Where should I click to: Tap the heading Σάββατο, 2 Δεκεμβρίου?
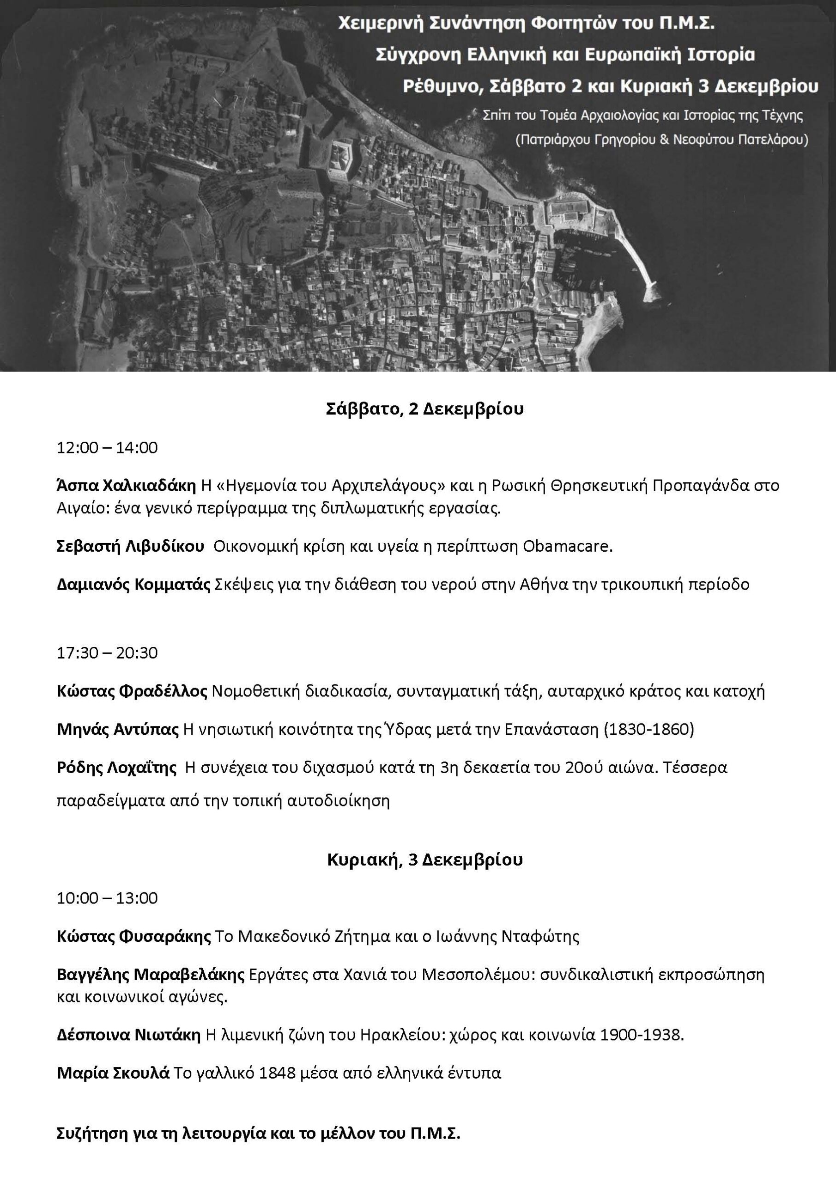pos(425,409)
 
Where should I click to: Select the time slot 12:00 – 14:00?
pos(107,447)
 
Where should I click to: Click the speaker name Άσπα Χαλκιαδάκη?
pos(126,485)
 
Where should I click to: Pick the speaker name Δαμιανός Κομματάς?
pos(133,584)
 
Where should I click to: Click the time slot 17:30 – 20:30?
pos(107,653)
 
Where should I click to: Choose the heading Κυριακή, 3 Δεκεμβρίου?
pos(425,860)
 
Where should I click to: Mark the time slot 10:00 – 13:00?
pos(107,898)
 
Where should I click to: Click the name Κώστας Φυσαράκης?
pos(134,936)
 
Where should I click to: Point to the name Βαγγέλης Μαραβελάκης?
pos(151,975)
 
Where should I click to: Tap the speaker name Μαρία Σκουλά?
pos(113,1073)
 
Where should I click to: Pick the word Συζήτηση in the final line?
pos(91,1134)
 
